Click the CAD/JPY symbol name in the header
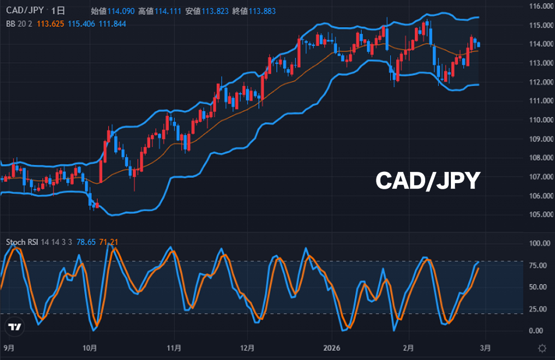click(25, 11)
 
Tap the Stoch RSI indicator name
click(23, 242)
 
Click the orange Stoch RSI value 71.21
click(109, 242)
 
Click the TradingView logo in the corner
click(15, 327)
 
